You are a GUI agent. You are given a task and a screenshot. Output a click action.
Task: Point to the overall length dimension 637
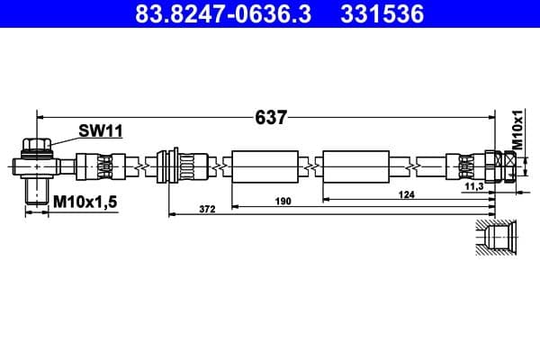270,117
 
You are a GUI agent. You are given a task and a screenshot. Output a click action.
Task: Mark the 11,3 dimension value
474,186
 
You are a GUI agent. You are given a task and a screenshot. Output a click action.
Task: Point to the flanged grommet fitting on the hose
167,166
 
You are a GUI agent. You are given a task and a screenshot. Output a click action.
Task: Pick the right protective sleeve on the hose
355,166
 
